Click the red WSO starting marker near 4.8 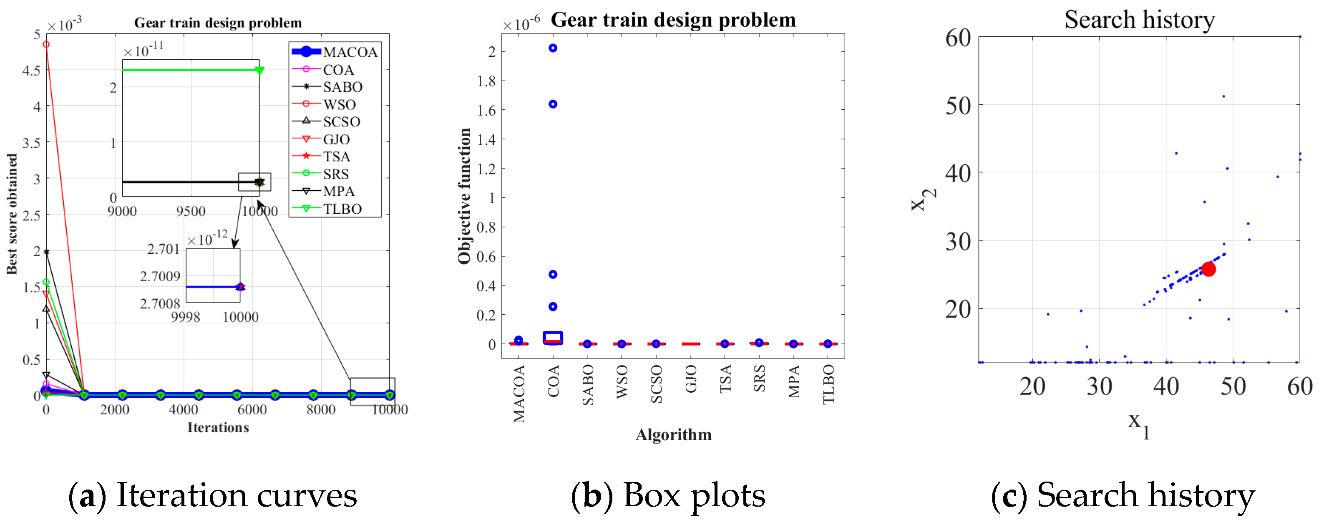(x=46, y=45)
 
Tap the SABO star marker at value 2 (x=46, y=252)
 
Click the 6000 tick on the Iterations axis (x=252, y=409)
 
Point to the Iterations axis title (x=218, y=427)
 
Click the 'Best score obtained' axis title (x=11, y=214)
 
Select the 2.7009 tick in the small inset (x=160, y=276)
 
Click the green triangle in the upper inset (x=259, y=70)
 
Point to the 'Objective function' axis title (x=464, y=196)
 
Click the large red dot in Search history (x=1208, y=269)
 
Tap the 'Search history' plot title (x=1139, y=20)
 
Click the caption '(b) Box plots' (x=668, y=495)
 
